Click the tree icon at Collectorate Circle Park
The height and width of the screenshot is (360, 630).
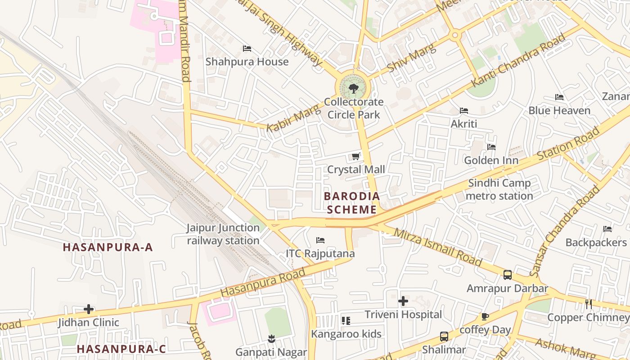point(353,88)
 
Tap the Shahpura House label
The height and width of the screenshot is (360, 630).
point(247,62)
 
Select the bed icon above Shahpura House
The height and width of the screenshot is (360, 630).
point(247,49)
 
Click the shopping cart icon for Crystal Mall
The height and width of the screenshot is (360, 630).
point(355,157)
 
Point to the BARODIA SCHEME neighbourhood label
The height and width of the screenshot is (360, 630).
point(352,203)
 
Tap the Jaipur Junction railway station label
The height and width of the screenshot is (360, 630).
point(223,234)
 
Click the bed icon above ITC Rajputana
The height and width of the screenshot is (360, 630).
point(320,240)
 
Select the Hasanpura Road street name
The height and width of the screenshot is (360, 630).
point(263,282)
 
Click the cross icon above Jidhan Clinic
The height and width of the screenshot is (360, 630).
point(89,309)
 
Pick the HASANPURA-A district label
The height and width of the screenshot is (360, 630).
point(108,247)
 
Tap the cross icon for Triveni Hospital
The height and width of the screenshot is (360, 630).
point(403,301)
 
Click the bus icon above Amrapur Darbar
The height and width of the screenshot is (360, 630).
point(507,274)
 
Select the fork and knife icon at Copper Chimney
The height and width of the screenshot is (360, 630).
point(588,304)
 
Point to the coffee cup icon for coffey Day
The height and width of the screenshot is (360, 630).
point(485,317)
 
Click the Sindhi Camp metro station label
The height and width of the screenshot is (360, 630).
point(499,189)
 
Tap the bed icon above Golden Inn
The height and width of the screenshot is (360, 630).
point(491,147)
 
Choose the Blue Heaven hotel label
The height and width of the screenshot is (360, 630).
point(559,110)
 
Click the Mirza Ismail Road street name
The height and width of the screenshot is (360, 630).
point(438,247)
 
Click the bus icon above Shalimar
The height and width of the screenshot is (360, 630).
point(444,336)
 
